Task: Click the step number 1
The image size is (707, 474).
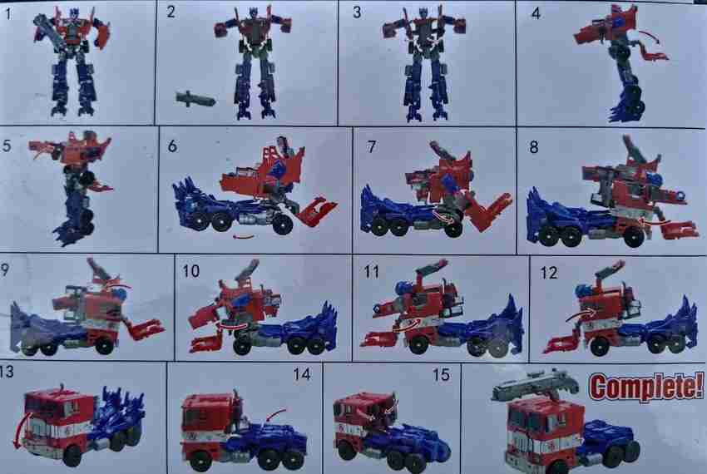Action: (x=7, y=12)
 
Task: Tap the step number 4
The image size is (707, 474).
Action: (x=536, y=12)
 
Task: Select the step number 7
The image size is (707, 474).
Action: (x=371, y=146)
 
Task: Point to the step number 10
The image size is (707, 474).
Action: (x=191, y=272)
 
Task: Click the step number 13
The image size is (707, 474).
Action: (x=7, y=371)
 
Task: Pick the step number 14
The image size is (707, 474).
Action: (x=301, y=375)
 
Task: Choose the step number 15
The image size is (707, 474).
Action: (x=441, y=375)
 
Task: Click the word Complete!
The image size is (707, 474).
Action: (x=645, y=386)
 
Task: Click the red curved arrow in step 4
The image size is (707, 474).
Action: (x=647, y=35)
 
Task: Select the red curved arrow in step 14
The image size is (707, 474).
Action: (x=277, y=412)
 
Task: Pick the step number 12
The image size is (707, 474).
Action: (x=549, y=272)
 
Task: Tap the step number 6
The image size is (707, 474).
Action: (x=171, y=146)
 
